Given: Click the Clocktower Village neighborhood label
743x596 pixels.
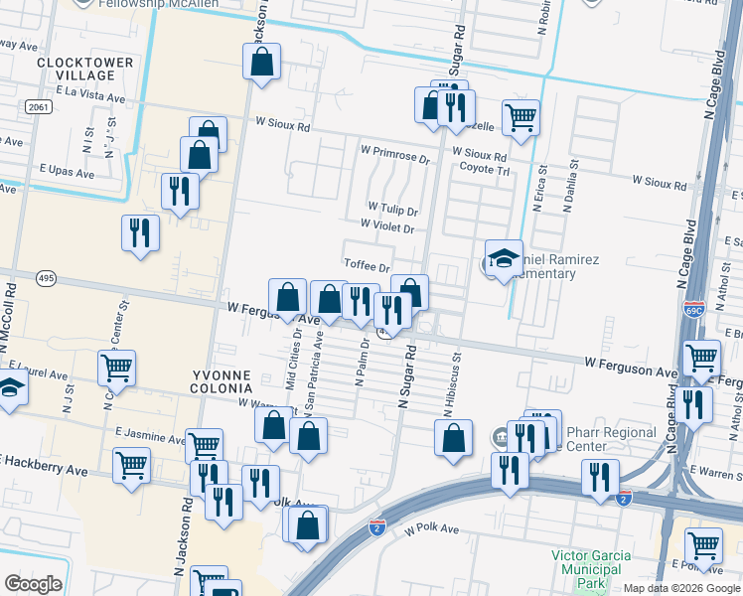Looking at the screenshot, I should pyautogui.click(x=84, y=69).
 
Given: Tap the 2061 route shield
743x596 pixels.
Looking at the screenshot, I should pyautogui.click(x=39, y=106).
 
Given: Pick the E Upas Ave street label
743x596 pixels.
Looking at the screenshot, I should pyautogui.click(x=61, y=173).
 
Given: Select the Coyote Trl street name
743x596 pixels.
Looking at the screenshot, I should pyautogui.click(x=483, y=170).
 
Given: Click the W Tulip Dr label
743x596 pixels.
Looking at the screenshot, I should pyautogui.click(x=393, y=211).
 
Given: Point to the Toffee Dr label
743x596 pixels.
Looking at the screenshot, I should pyautogui.click(x=367, y=266).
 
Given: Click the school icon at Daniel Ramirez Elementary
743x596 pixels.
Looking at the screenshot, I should pyautogui.click(x=504, y=258).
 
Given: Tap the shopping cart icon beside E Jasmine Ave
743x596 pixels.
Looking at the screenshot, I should pyautogui.click(x=204, y=446).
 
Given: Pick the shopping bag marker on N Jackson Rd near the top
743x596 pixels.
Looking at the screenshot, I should pyautogui.click(x=262, y=61).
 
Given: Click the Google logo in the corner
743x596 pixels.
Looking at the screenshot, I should pyautogui.click(x=33, y=584).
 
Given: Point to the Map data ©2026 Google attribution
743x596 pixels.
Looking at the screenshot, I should pyautogui.click(x=681, y=588).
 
